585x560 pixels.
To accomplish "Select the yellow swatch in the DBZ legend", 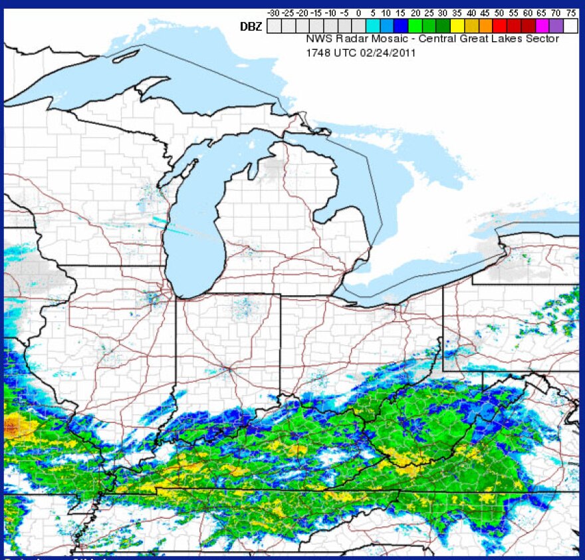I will pos(457,26).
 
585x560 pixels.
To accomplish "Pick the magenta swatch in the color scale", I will pos(541,26).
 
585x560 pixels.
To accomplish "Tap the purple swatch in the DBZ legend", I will pos(556,26).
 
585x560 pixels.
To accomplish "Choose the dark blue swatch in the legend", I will pos(401,26).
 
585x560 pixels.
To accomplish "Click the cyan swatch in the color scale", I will pos(373,26).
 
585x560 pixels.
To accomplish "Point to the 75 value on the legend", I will pos(571,13).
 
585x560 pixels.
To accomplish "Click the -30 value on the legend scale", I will pos(274,13).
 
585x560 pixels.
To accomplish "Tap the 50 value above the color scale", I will pos(499,13).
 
